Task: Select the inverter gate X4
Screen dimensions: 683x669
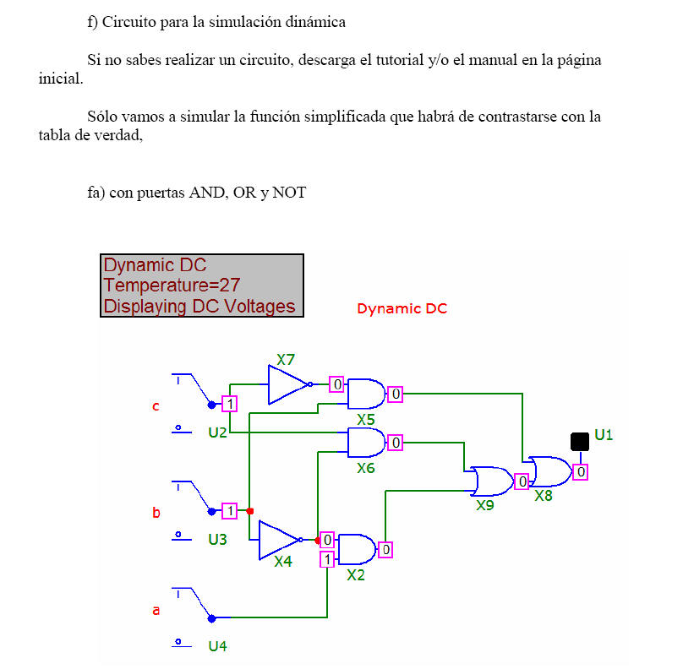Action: pyautogui.click(x=280, y=540)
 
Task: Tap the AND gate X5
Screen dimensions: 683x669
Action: pyautogui.click(x=366, y=394)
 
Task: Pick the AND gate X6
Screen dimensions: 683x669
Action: pyautogui.click(x=366, y=443)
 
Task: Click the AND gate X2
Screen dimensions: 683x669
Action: pyautogui.click(x=357, y=549)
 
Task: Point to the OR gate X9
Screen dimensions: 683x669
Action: pyautogui.click(x=492, y=481)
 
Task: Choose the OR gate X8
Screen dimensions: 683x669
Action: pyautogui.click(x=550, y=471)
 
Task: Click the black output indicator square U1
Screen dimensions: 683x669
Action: pyautogui.click(x=580, y=442)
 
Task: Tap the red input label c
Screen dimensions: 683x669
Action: pyautogui.click(x=156, y=406)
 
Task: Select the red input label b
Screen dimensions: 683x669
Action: pyautogui.click(x=156, y=512)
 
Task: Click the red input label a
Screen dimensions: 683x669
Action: pyautogui.click(x=156, y=611)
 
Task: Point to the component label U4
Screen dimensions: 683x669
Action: pyautogui.click(x=217, y=646)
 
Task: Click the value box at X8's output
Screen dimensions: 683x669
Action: pyautogui.click(x=581, y=472)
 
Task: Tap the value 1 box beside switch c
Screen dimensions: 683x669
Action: pyautogui.click(x=230, y=404)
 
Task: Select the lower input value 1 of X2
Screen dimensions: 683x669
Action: pyautogui.click(x=327, y=559)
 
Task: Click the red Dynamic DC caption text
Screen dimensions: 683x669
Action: pyautogui.click(x=402, y=308)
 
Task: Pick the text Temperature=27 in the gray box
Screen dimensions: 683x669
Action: pyautogui.click(x=172, y=286)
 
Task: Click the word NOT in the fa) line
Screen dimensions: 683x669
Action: pyautogui.click(x=289, y=193)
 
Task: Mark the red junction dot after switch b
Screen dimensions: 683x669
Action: pyautogui.click(x=250, y=511)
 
